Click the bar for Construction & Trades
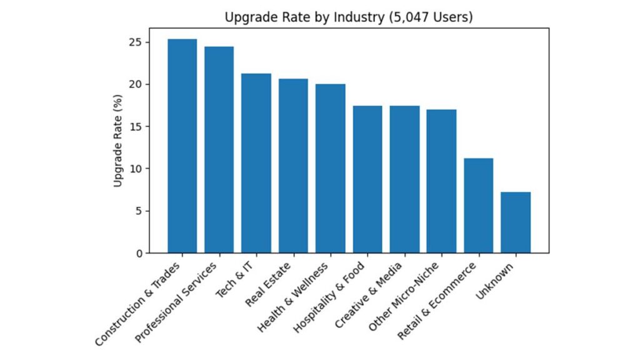coord(182,146)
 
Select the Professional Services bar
coord(219,150)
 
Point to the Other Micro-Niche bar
coord(441,181)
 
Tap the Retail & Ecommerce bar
coord(478,206)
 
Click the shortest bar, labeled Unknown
coord(516,222)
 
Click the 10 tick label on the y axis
coord(139,169)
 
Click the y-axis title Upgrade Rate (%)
coord(118,140)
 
